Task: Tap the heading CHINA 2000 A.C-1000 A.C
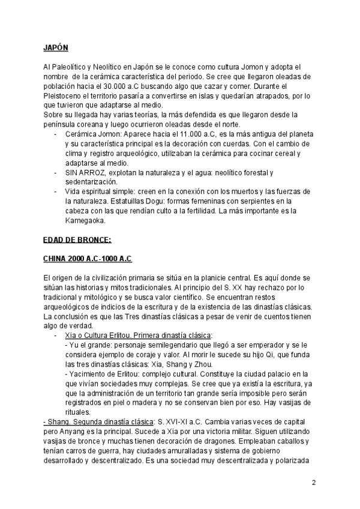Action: tap(87, 259)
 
